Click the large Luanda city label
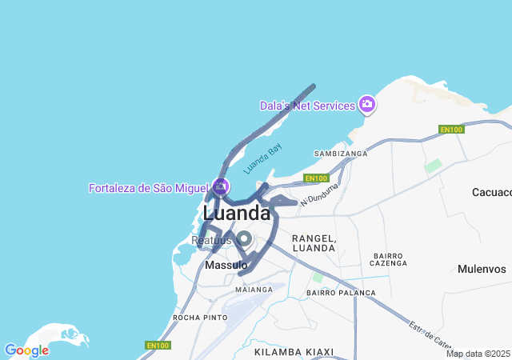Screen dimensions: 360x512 [x=237, y=214]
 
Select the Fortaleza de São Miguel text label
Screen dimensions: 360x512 [x=148, y=188]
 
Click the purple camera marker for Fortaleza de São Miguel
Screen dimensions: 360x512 [x=221, y=186]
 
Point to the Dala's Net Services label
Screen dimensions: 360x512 [x=306, y=106]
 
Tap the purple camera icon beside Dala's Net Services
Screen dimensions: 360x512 [x=366, y=104]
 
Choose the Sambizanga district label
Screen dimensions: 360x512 [x=341, y=153]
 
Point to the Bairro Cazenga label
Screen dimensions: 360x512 [x=390, y=259]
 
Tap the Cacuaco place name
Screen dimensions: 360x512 [x=491, y=192]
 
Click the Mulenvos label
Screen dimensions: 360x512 [x=482, y=269]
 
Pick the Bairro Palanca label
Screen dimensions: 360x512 [x=341, y=293]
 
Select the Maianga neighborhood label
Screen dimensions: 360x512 [x=254, y=289]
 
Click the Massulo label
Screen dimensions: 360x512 [x=226, y=265]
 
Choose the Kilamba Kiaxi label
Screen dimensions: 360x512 [x=293, y=351]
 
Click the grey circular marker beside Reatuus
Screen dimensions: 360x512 [x=244, y=238]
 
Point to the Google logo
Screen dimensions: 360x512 [x=26, y=350]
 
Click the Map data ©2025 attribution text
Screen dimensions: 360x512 [x=478, y=354]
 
